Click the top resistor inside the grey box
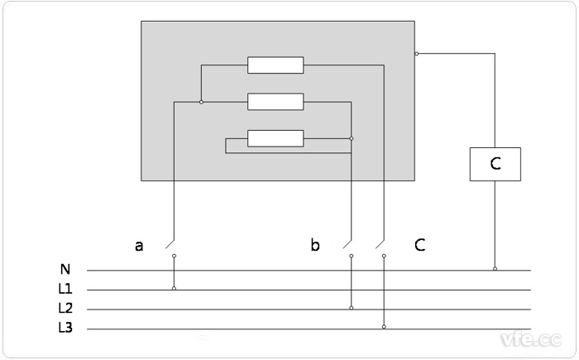[x=275, y=65]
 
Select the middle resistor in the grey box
[x=275, y=102]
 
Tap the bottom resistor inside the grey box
[x=275, y=138]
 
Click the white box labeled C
[x=495, y=164]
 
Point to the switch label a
[x=139, y=245]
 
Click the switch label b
[x=314, y=245]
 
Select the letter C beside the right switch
[x=420, y=245]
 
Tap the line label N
[x=65, y=269]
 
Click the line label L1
[x=65, y=289]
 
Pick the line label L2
[x=65, y=309]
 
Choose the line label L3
[x=65, y=329]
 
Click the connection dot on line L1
[x=174, y=289]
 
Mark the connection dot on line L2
[x=352, y=308]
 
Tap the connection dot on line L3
[x=384, y=328]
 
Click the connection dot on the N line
[x=495, y=269]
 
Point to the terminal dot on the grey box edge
[x=416, y=54]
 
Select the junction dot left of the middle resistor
[x=201, y=102]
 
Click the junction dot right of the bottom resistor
[x=352, y=138]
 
